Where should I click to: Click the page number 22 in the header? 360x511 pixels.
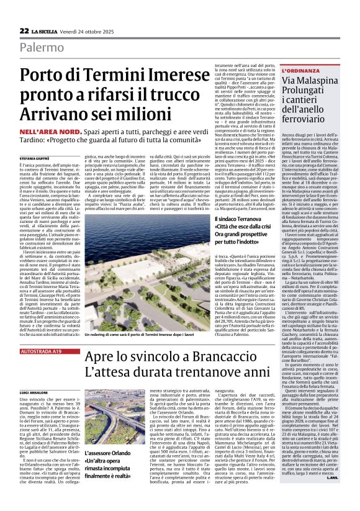click(x=24, y=30)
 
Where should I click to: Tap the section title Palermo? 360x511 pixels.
click(x=42, y=47)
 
